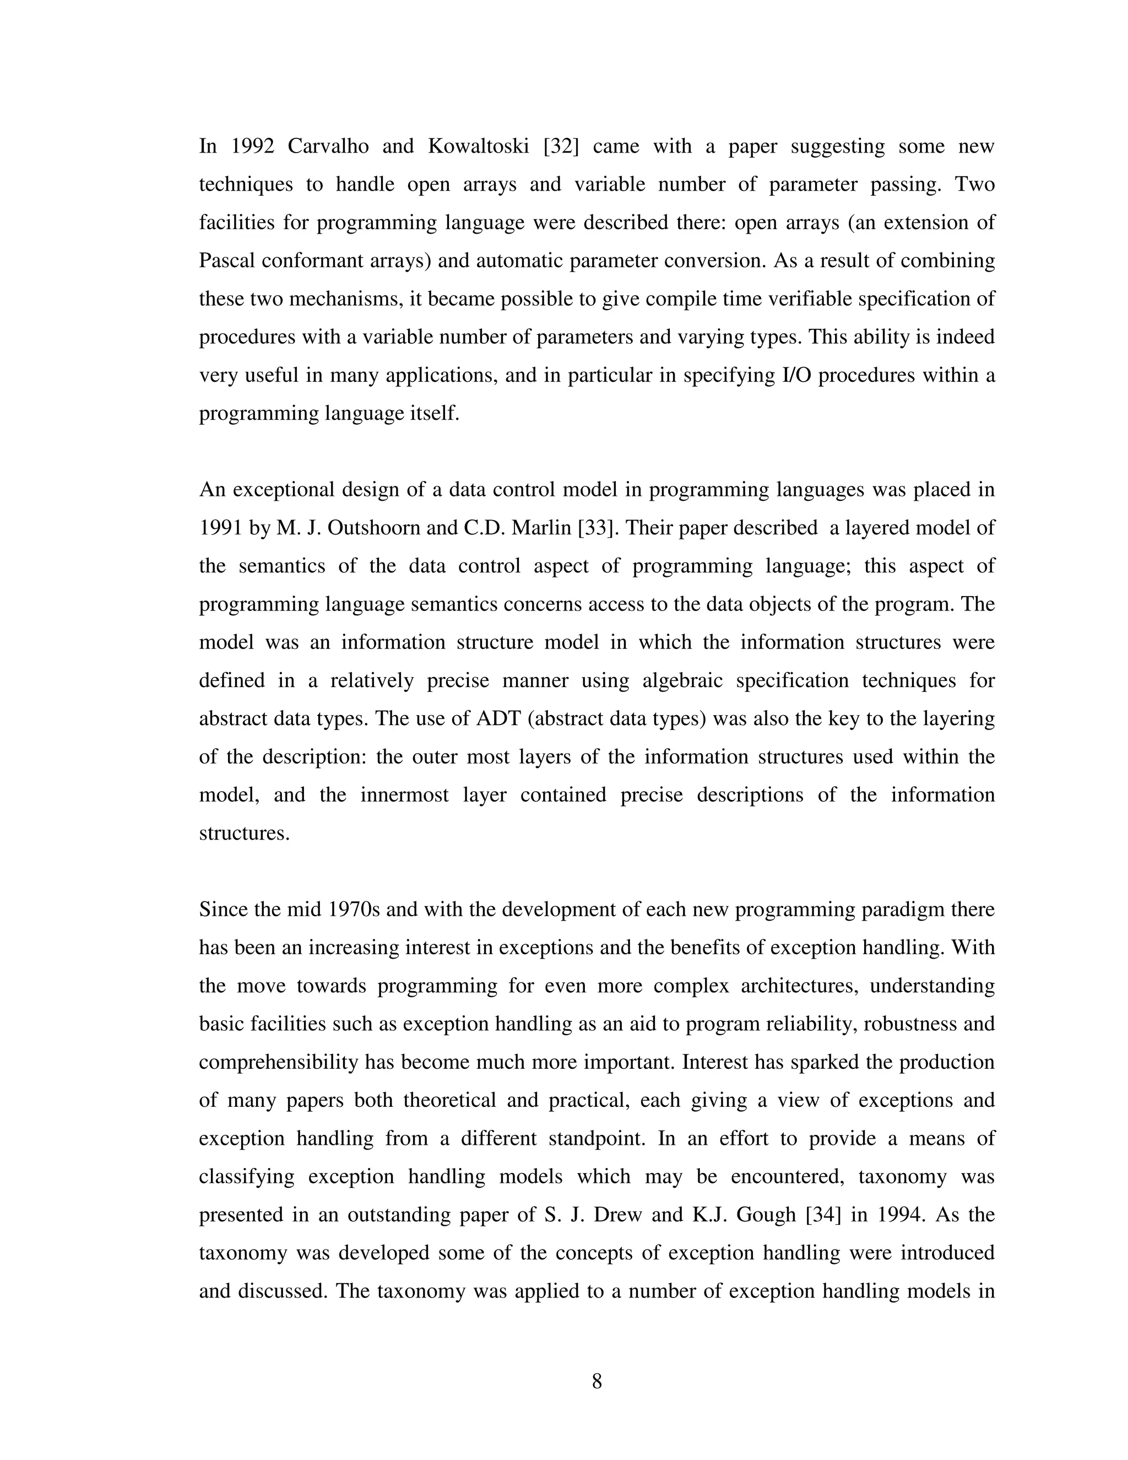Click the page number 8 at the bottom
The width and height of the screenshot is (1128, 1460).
(x=596, y=1381)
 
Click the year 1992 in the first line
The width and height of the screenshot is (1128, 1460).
(x=253, y=146)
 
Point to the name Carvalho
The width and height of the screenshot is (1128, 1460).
(x=328, y=146)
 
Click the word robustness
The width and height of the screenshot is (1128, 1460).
(x=908, y=1024)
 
